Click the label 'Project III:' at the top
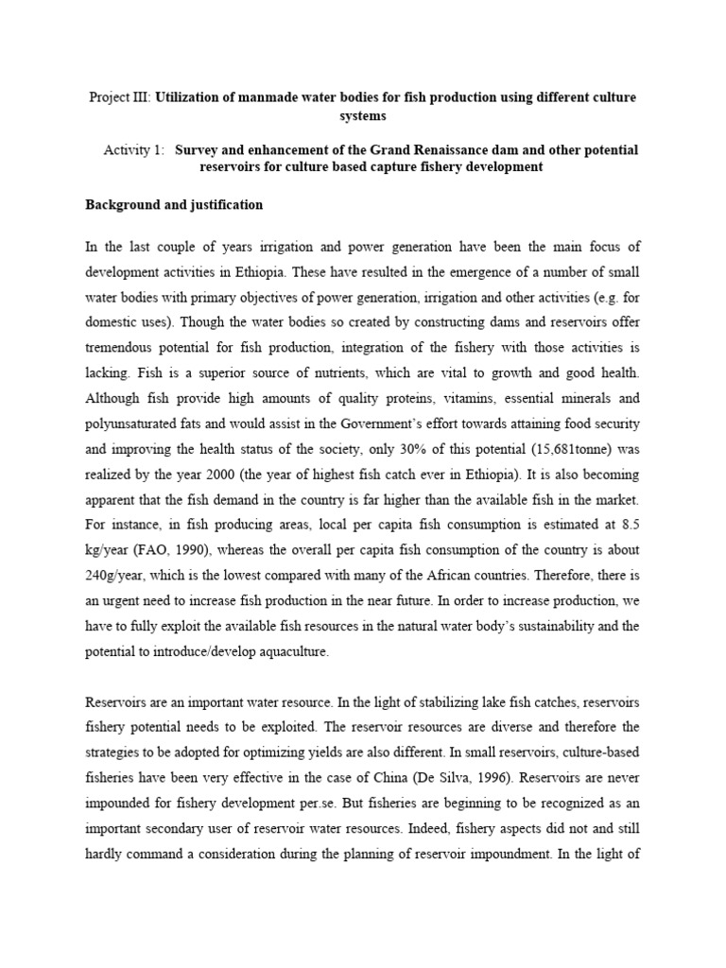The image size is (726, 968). pos(118,97)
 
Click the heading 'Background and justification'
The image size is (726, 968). pos(174,204)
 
